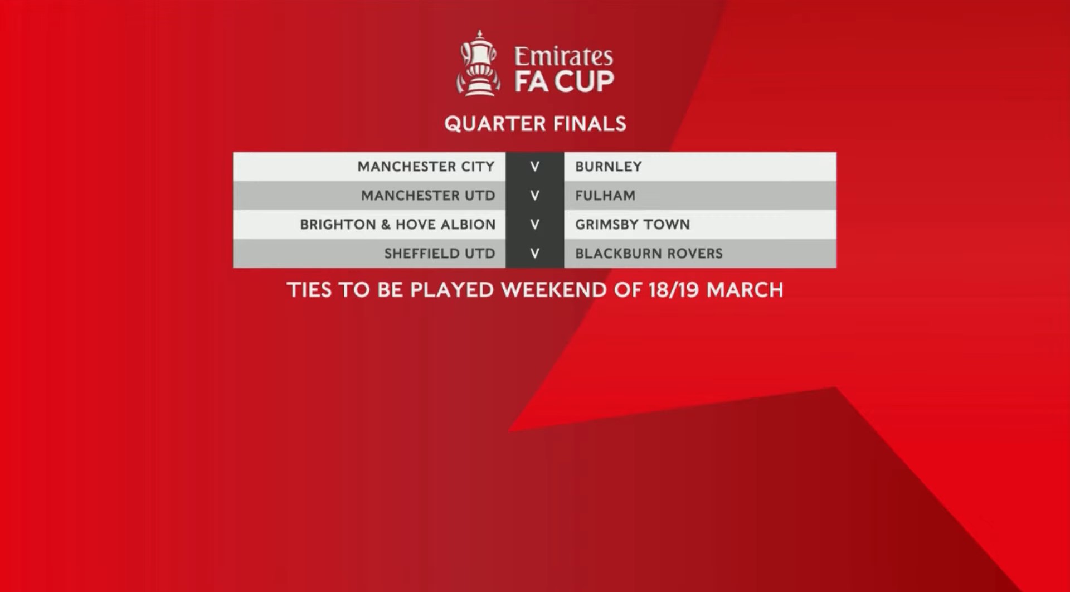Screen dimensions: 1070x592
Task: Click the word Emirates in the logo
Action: [563, 56]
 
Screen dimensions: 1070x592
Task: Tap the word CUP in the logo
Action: [584, 81]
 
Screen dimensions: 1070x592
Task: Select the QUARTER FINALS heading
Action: [535, 124]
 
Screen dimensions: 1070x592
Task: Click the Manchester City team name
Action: [426, 167]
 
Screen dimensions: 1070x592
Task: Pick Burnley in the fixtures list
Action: [609, 167]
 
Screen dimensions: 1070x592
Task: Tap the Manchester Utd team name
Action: [428, 196]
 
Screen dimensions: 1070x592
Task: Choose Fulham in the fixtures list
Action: [605, 196]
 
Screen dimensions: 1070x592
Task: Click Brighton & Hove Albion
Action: [397, 225]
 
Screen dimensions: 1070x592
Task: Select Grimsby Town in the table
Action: [633, 225]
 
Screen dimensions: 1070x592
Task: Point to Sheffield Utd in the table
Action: [440, 254]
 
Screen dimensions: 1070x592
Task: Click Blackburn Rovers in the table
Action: [649, 254]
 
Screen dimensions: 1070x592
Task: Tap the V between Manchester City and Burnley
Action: [535, 167]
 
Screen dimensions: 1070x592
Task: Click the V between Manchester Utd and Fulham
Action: [535, 196]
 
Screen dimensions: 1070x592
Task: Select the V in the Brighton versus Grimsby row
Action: [535, 225]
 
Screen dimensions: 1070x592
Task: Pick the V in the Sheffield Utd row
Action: [535, 254]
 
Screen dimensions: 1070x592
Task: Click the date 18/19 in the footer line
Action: [673, 290]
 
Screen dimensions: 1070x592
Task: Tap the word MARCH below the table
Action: [745, 290]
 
